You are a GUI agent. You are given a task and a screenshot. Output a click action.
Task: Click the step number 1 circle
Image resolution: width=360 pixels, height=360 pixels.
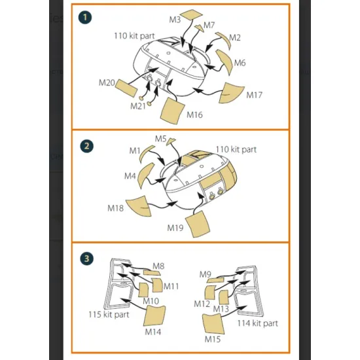point(85,18)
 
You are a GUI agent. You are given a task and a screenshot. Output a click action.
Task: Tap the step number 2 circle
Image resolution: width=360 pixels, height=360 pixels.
point(87,146)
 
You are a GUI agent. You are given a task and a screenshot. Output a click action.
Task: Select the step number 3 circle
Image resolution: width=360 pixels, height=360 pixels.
point(87,259)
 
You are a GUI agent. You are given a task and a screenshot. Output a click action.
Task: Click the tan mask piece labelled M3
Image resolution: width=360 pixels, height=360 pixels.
point(192,14)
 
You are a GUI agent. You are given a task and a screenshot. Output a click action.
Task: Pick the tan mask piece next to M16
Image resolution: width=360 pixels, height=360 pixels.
point(173,111)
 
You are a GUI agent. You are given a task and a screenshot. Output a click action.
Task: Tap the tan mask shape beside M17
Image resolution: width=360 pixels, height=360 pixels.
point(230,93)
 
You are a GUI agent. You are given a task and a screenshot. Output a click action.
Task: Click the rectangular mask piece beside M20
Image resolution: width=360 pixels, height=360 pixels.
point(126,88)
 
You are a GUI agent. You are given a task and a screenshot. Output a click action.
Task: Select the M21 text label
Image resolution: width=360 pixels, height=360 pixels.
point(138,106)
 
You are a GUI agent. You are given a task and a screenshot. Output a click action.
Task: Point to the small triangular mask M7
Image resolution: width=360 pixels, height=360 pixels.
point(199,28)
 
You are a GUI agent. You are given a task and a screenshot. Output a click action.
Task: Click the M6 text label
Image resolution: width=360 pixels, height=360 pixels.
point(240,63)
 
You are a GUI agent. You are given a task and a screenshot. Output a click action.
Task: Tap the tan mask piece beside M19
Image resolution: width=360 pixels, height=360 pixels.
point(198,224)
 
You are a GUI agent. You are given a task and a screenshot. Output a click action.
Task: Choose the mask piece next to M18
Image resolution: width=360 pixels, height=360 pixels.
point(139,206)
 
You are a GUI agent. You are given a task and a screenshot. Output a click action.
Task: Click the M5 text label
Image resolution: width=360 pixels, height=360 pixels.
point(160,139)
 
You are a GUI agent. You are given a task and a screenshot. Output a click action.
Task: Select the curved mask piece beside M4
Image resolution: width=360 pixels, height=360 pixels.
point(145,174)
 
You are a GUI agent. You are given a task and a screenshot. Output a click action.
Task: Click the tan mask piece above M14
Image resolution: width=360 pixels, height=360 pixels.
point(154,315)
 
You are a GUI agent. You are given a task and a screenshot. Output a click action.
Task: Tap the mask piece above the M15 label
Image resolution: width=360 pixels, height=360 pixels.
point(213,324)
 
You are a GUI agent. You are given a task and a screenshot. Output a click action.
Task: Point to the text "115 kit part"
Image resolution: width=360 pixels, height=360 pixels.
point(109,314)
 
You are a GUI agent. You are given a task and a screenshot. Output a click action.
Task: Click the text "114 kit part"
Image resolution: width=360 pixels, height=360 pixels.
point(258,323)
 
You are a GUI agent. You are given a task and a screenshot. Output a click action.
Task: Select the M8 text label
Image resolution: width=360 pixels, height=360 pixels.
point(158,266)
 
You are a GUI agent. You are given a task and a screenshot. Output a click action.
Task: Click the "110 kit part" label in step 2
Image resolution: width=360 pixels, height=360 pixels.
point(236,149)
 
